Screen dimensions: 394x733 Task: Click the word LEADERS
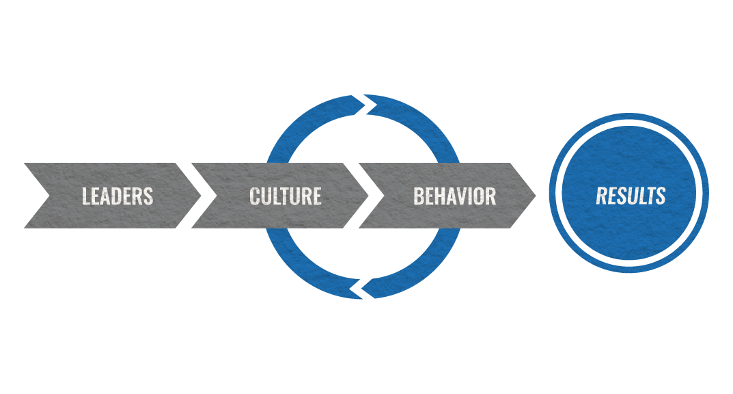pos(117,196)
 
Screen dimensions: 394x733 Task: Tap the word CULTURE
pos(285,196)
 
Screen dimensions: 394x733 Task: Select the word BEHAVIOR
pos(454,196)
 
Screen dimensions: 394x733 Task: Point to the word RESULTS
pos(631,196)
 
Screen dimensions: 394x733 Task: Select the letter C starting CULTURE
pos(255,196)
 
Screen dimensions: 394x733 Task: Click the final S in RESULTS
pos(661,196)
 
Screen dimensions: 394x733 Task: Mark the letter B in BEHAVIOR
pos(418,196)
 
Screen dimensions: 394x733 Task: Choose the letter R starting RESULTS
pos(602,196)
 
